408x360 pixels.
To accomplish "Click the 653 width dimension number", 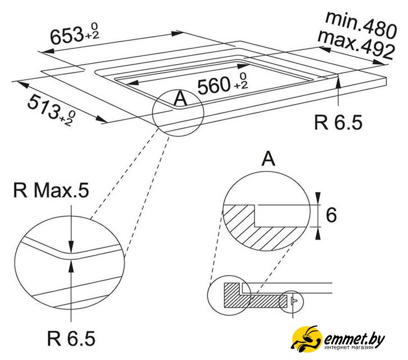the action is [67, 35].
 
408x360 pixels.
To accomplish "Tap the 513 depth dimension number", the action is [44, 106].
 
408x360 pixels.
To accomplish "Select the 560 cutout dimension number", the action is [214, 85].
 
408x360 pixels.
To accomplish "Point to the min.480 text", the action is [361, 25].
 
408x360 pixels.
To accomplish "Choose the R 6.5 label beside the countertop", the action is [338, 123].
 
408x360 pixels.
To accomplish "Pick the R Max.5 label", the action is [51, 190].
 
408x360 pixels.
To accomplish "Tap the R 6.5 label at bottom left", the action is [71, 338].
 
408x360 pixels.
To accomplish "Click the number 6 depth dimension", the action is [331, 215].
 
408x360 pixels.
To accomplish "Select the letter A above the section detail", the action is [268, 159].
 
